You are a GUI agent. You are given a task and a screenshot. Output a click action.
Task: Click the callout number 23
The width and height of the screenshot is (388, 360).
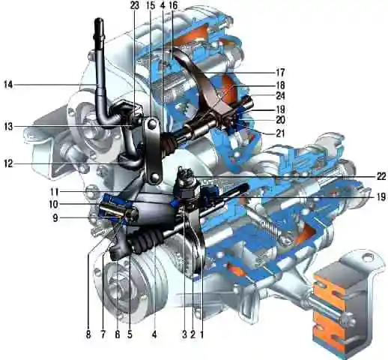(135, 5)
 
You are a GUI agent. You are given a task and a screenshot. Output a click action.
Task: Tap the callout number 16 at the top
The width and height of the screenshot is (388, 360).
(173, 5)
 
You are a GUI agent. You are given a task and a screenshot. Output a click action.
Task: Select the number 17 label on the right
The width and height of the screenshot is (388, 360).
(280, 73)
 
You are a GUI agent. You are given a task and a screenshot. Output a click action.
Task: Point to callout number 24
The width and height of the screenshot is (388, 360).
(280, 96)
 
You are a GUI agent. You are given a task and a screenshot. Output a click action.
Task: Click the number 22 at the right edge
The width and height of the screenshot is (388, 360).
(381, 177)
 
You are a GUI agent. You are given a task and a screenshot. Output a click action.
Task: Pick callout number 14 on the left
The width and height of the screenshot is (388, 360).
(8, 85)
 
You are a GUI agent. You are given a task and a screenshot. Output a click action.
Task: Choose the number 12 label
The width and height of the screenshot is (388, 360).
(8, 164)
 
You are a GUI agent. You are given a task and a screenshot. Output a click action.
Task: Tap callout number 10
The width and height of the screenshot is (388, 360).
(54, 205)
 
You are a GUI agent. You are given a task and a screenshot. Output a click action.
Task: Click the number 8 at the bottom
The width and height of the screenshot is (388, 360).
(88, 334)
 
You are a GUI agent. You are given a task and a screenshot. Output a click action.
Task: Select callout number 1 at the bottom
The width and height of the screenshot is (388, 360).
(201, 334)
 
